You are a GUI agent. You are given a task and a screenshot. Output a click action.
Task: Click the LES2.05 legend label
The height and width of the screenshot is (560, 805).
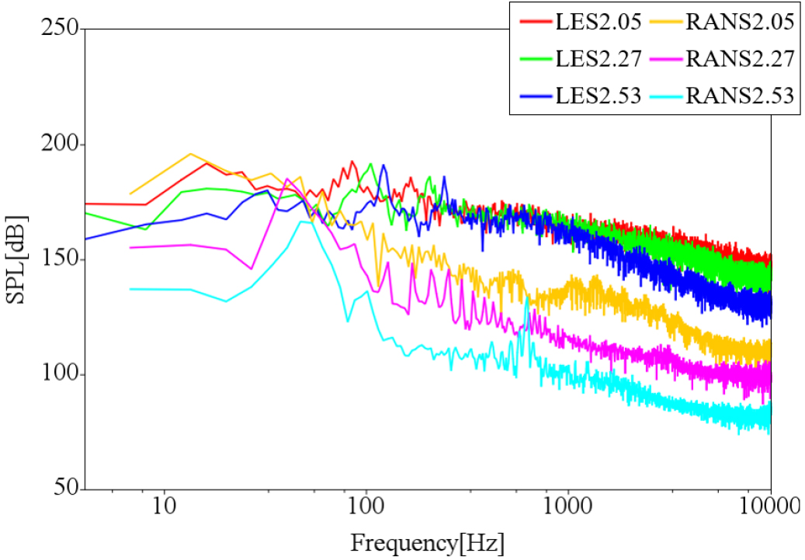pos(598,22)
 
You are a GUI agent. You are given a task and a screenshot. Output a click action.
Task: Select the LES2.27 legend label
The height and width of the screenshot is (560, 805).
pos(598,59)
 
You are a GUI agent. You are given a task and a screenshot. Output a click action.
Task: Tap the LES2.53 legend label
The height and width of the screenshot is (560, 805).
pos(598,96)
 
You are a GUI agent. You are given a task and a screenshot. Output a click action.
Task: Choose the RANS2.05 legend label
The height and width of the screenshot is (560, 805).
pos(740,22)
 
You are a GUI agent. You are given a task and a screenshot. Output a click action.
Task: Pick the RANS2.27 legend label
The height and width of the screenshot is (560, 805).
pos(740,59)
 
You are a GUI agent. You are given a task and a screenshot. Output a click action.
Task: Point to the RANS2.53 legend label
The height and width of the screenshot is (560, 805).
pos(740,96)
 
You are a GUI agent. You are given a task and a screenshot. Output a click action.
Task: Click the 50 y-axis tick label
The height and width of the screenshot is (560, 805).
pos(65,489)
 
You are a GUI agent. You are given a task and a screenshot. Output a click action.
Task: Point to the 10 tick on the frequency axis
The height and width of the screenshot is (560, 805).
pos(164,508)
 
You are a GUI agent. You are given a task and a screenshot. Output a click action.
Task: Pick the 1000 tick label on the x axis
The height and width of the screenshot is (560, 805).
pos(568,508)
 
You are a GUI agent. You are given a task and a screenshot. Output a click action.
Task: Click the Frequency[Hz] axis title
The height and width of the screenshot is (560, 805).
pos(428,542)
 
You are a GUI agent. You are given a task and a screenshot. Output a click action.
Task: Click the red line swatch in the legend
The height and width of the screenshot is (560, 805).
pos(534,22)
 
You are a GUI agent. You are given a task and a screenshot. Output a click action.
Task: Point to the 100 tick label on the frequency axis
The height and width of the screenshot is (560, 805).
pos(366,508)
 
